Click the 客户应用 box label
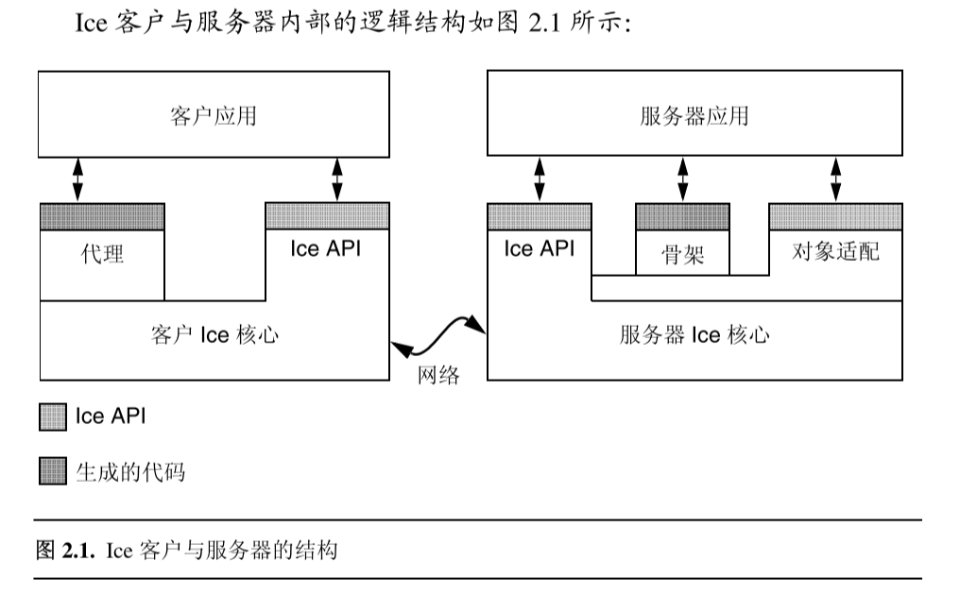coord(214,116)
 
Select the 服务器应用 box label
coord(694,116)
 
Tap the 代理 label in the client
coord(102,254)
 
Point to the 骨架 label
coord(682,254)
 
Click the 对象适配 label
coord(835,251)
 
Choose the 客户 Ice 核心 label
coord(214,335)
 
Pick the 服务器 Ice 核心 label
coord(694,335)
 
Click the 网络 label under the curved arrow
coord(439,376)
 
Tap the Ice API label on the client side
coord(326,249)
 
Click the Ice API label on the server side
coord(539,249)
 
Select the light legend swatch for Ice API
coord(53,416)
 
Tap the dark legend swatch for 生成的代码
coord(53,470)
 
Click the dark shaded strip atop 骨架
coord(682,217)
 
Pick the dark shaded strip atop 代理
coord(102,216)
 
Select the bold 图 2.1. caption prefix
coord(65,549)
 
